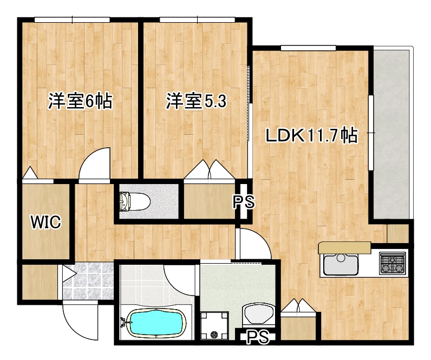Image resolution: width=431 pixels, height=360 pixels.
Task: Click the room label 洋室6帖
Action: coord(80,101)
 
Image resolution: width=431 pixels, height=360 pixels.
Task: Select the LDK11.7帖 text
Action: coord(311,135)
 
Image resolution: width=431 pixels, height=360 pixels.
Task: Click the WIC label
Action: coord(45,221)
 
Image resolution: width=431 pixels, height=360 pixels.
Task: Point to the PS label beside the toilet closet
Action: coord(243,202)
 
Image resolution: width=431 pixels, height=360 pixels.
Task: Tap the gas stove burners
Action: coord(393,264)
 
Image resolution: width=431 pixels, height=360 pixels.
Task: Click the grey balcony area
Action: coord(391,135)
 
